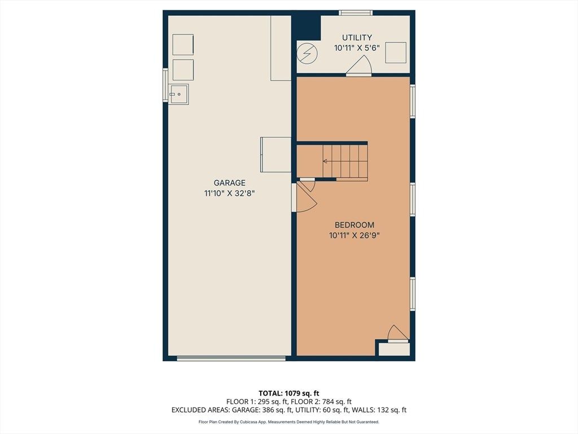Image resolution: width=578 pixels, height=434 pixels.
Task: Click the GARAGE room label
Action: pyautogui.click(x=229, y=183)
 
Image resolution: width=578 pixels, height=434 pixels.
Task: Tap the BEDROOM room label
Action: pyautogui.click(x=354, y=225)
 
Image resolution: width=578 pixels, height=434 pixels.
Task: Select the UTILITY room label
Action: pyautogui.click(x=357, y=38)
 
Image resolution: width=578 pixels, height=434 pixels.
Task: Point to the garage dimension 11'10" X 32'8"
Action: pyautogui.click(x=229, y=193)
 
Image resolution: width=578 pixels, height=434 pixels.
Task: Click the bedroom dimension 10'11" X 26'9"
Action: pyautogui.click(x=354, y=235)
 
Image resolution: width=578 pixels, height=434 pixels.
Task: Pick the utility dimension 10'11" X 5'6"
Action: pyautogui.click(x=357, y=48)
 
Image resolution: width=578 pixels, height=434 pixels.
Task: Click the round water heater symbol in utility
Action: pyautogui.click(x=307, y=53)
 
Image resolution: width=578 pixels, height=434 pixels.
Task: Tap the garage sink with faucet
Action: pyautogui.click(x=178, y=94)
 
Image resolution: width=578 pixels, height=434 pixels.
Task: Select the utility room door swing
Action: pyautogui.click(x=358, y=65)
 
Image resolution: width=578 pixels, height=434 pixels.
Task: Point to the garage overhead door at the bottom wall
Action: pyautogui.click(x=231, y=358)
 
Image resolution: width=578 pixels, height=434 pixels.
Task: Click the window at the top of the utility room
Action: pyautogui.click(x=356, y=14)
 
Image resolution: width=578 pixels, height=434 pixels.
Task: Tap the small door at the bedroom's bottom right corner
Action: pyautogui.click(x=398, y=334)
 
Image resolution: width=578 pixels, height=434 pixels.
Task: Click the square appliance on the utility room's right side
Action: pyautogui.click(x=396, y=53)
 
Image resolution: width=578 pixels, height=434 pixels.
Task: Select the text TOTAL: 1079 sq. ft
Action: pyautogui.click(x=286, y=393)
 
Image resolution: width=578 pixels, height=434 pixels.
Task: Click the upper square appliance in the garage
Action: pyautogui.click(x=183, y=45)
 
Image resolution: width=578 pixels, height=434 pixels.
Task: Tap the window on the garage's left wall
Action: pyautogui.click(x=165, y=85)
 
